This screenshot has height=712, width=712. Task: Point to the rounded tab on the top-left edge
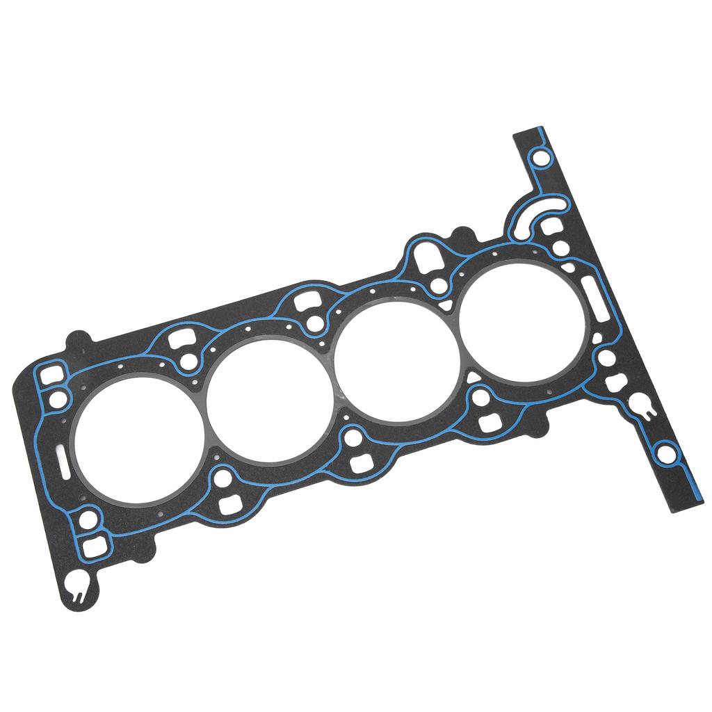[x=79, y=340]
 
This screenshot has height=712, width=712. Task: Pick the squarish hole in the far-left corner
[x=49, y=376]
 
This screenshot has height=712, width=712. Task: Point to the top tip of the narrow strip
[x=528, y=131]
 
